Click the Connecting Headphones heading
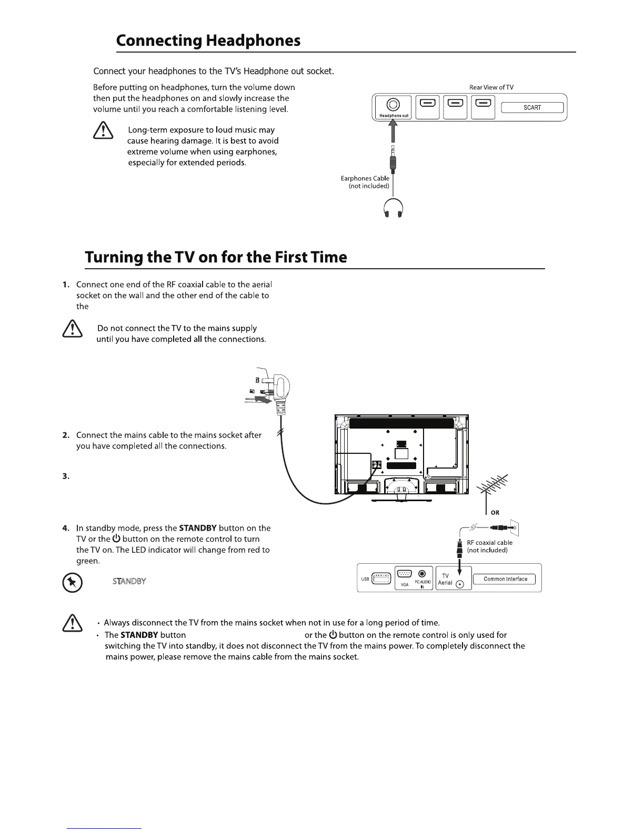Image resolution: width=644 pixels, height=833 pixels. point(208,40)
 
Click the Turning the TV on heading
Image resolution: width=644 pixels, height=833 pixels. point(216,257)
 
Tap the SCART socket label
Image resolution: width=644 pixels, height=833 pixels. point(532,108)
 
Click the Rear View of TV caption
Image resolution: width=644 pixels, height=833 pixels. point(491,87)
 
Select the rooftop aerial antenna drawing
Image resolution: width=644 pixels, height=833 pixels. point(492,488)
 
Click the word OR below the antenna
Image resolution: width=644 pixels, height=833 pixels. point(495,513)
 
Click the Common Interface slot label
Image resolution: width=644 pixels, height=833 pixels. point(505,579)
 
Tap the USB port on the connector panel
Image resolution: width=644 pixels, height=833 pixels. point(381,578)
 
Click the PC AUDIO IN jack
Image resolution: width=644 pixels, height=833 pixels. point(422,574)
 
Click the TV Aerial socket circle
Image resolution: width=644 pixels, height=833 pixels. point(460,584)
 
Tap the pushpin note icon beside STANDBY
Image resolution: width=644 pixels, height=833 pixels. point(72,583)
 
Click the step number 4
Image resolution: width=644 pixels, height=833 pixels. point(65,528)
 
